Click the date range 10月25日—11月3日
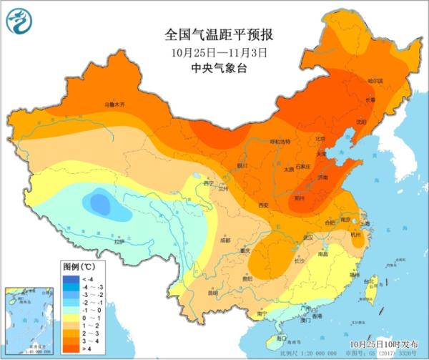click(214, 52)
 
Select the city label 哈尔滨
click(376, 81)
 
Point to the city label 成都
click(225, 240)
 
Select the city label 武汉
click(309, 237)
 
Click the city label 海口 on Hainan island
click(282, 338)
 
